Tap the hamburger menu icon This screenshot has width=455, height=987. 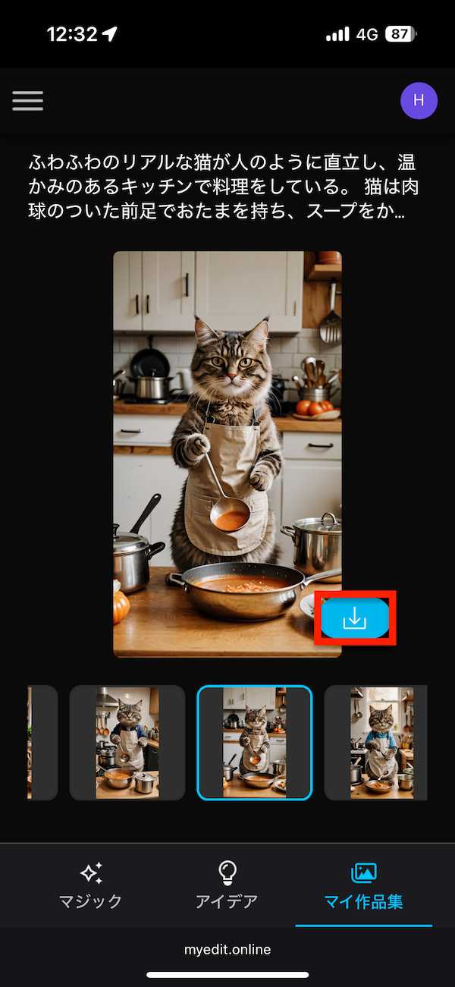(x=28, y=101)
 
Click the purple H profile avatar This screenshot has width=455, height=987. (x=419, y=100)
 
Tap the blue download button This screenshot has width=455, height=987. (x=355, y=618)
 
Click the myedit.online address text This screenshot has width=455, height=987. (x=227, y=949)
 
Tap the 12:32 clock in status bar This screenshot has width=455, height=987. (x=72, y=34)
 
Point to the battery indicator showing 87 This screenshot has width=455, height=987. (x=400, y=34)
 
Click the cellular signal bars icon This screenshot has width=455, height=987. (x=337, y=34)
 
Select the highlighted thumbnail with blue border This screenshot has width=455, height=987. (x=255, y=743)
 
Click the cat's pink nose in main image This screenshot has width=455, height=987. (x=232, y=376)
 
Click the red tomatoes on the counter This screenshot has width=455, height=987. (x=315, y=407)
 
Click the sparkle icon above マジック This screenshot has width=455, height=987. (x=91, y=873)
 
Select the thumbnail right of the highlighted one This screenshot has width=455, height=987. (x=375, y=743)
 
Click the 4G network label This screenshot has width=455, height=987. (x=367, y=34)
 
